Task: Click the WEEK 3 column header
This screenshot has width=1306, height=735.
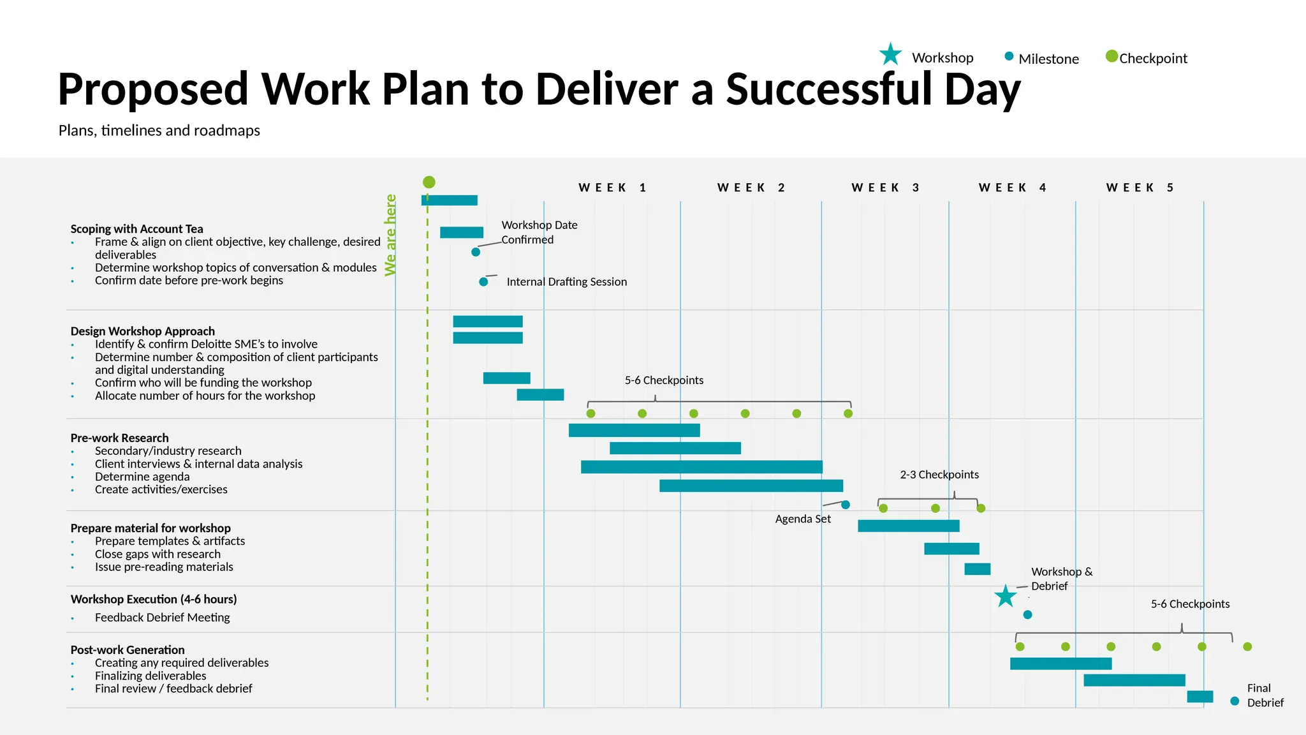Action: click(885, 188)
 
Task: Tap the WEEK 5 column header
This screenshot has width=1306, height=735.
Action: click(1140, 188)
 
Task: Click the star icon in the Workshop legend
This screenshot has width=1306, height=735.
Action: click(890, 55)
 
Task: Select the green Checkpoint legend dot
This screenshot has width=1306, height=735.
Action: click(1112, 56)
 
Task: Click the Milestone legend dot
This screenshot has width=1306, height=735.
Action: click(1009, 56)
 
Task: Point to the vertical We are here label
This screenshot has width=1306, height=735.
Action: click(390, 235)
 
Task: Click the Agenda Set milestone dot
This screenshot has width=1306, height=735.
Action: click(846, 505)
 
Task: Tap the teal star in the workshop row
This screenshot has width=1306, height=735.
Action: click(1005, 597)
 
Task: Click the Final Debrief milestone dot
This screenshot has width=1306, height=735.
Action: click(1235, 701)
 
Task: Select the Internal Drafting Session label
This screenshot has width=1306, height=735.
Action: click(566, 282)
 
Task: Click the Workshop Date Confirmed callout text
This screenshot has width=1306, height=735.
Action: click(539, 232)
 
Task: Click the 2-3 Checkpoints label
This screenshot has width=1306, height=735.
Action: click(939, 475)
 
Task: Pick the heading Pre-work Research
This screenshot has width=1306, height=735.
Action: click(119, 438)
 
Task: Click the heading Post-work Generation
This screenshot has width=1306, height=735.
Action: click(128, 650)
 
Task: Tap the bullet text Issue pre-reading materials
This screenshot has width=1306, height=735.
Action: click(164, 567)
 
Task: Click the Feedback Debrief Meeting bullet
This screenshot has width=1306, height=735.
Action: click(162, 618)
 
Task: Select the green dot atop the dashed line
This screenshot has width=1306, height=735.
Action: click(429, 182)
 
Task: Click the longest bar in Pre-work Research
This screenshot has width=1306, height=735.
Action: click(701, 467)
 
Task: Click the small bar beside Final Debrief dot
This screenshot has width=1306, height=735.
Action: click(1200, 697)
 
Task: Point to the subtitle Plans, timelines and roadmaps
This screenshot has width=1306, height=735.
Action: click(159, 131)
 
